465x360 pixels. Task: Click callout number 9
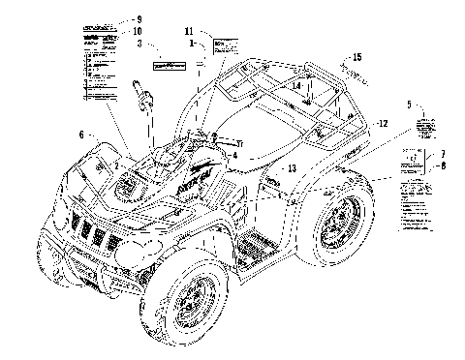tap(138, 19)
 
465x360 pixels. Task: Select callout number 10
tap(138, 30)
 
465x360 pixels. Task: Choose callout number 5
tap(409, 104)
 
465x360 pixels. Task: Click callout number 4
tap(233, 155)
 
